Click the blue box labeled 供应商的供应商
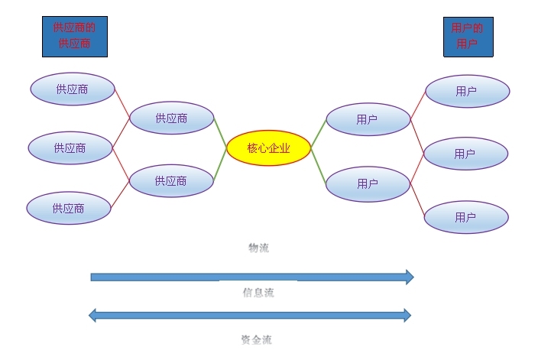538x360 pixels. point(74,36)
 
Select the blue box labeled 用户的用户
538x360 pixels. point(468,36)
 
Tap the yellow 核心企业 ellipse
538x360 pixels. point(269,148)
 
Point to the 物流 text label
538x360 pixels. point(258,248)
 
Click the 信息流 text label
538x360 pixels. point(258,292)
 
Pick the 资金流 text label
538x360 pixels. point(256,339)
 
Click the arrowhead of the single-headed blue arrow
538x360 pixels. point(409,277)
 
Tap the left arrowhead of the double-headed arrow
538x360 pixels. point(94,314)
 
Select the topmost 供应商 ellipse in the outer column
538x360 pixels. point(72,89)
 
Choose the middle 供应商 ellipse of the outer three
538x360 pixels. point(70,148)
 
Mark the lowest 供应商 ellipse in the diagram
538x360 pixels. point(69,208)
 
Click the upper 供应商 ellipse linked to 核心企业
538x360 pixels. point(171,118)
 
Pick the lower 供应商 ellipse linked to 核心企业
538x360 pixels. point(170,181)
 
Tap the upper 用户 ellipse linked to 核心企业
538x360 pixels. point(368,119)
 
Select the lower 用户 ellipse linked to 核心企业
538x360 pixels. point(368,183)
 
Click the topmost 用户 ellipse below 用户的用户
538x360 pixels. point(467,92)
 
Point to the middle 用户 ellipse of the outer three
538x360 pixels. point(465,154)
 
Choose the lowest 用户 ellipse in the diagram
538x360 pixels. point(465,217)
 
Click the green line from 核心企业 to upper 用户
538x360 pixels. point(317,133)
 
